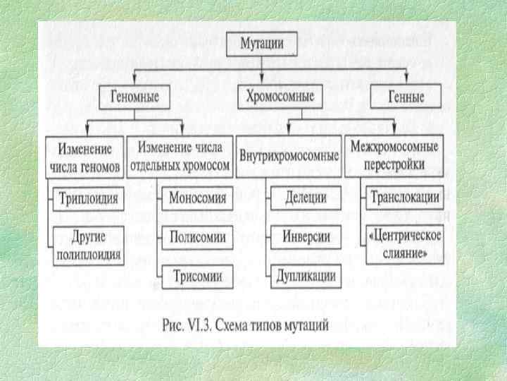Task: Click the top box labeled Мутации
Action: [x=263, y=44]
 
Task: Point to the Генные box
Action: [x=406, y=96]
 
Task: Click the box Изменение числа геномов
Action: [x=86, y=157]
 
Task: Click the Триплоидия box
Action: [x=89, y=198]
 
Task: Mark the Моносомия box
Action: [x=197, y=198]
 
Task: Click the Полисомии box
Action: [x=197, y=237]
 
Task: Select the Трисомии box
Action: [x=197, y=275]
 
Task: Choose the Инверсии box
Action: [x=301, y=235]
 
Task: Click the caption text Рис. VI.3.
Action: [x=184, y=326]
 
